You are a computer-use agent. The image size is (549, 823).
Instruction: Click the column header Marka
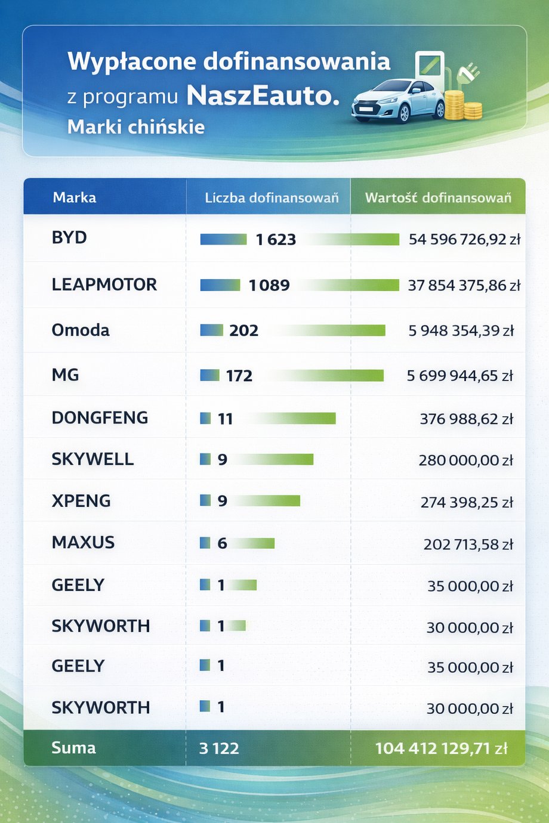pos(74,197)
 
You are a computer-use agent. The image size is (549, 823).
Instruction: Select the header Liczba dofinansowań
pos(272,197)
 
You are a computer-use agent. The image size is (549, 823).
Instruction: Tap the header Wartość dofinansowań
pos(438,197)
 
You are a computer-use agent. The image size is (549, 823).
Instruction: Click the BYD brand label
pos(69,237)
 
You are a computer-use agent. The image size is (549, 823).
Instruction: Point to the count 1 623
pos(276,240)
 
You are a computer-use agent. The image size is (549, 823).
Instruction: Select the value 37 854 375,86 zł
pos(464,285)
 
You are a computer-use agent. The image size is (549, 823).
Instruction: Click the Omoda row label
pos(81,330)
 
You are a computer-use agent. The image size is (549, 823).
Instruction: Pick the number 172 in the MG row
pos(239,376)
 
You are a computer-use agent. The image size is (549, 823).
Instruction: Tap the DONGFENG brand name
pos(100,417)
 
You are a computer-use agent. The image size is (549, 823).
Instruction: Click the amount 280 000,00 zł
pos(465,460)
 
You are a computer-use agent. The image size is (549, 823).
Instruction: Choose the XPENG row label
pos(81,501)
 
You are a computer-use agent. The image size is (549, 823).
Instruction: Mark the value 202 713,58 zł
pos(468,544)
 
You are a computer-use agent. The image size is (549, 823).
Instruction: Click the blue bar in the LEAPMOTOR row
pos(220,285)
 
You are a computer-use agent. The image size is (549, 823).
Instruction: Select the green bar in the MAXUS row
pos(252,543)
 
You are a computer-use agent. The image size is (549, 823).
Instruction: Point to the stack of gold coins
pos(463,106)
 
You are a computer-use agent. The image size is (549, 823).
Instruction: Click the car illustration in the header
pos(398,100)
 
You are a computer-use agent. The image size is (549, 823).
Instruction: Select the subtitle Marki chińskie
pos(136,127)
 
